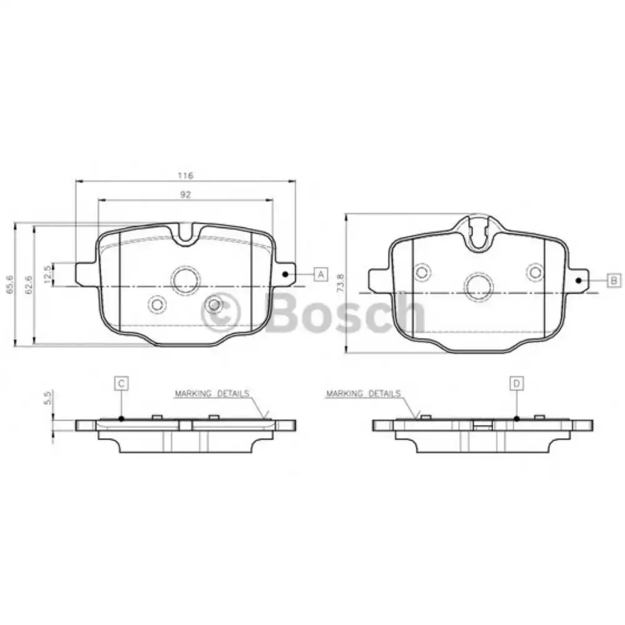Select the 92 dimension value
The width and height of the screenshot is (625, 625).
tap(185, 194)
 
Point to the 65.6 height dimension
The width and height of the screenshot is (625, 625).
tap(9, 285)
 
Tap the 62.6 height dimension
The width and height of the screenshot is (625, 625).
tap(28, 285)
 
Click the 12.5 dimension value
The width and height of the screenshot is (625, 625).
tap(47, 274)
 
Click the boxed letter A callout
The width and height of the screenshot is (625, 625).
tap(320, 274)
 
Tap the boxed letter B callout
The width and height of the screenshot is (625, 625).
tap(613, 280)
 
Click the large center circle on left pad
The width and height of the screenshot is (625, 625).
tap(186, 280)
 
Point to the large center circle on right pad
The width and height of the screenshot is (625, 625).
tap(478, 285)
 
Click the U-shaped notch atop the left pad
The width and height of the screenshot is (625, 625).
tap(186, 235)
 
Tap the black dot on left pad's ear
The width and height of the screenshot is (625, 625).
tap(285, 274)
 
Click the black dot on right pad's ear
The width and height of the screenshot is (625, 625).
tap(579, 281)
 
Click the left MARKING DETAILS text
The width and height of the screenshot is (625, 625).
tap(212, 394)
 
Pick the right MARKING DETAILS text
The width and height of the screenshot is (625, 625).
tap(363, 394)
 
